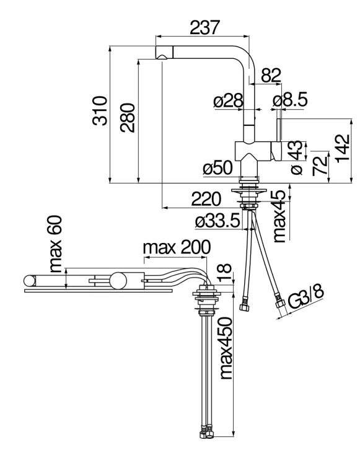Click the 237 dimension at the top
pyautogui.click(x=204, y=27)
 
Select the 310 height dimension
pyautogui.click(x=100, y=111)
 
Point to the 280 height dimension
pyautogui.click(x=128, y=118)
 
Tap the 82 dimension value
pyautogui.click(x=271, y=75)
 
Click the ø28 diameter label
pyautogui.click(x=229, y=101)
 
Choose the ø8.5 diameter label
pyautogui.click(x=291, y=99)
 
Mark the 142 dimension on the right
pyautogui.click(x=343, y=148)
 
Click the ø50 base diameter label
pyautogui.click(x=217, y=167)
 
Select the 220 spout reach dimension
pyautogui.click(x=206, y=199)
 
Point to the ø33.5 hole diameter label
pyautogui.click(x=217, y=221)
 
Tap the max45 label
pyautogui.click(x=279, y=216)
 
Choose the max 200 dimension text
pyautogui.click(x=177, y=247)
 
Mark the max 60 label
pyautogui.click(x=55, y=244)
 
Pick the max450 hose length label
pyautogui.click(x=226, y=348)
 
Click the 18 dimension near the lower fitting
pyautogui.click(x=225, y=272)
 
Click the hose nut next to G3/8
pyautogui.click(x=280, y=302)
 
